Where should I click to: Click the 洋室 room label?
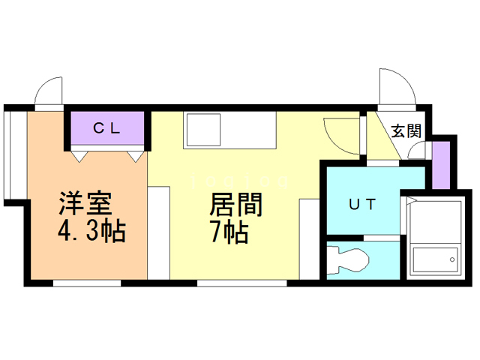pos(85,204)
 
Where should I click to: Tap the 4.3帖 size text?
pos(91,230)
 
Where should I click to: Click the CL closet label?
pos(106,128)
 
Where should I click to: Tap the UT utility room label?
pos(361,203)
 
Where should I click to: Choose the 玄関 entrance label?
pos(406,130)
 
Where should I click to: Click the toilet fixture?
pos(349,259)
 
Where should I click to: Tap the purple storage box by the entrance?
pos(442,163)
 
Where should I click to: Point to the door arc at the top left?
pos(49,91)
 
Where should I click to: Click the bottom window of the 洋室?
pos(86,283)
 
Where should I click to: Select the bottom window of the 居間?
pos(241,283)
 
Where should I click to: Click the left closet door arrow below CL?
pos(79,155)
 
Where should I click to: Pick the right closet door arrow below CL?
pos(135,155)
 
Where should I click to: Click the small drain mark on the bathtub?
pos(454,259)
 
